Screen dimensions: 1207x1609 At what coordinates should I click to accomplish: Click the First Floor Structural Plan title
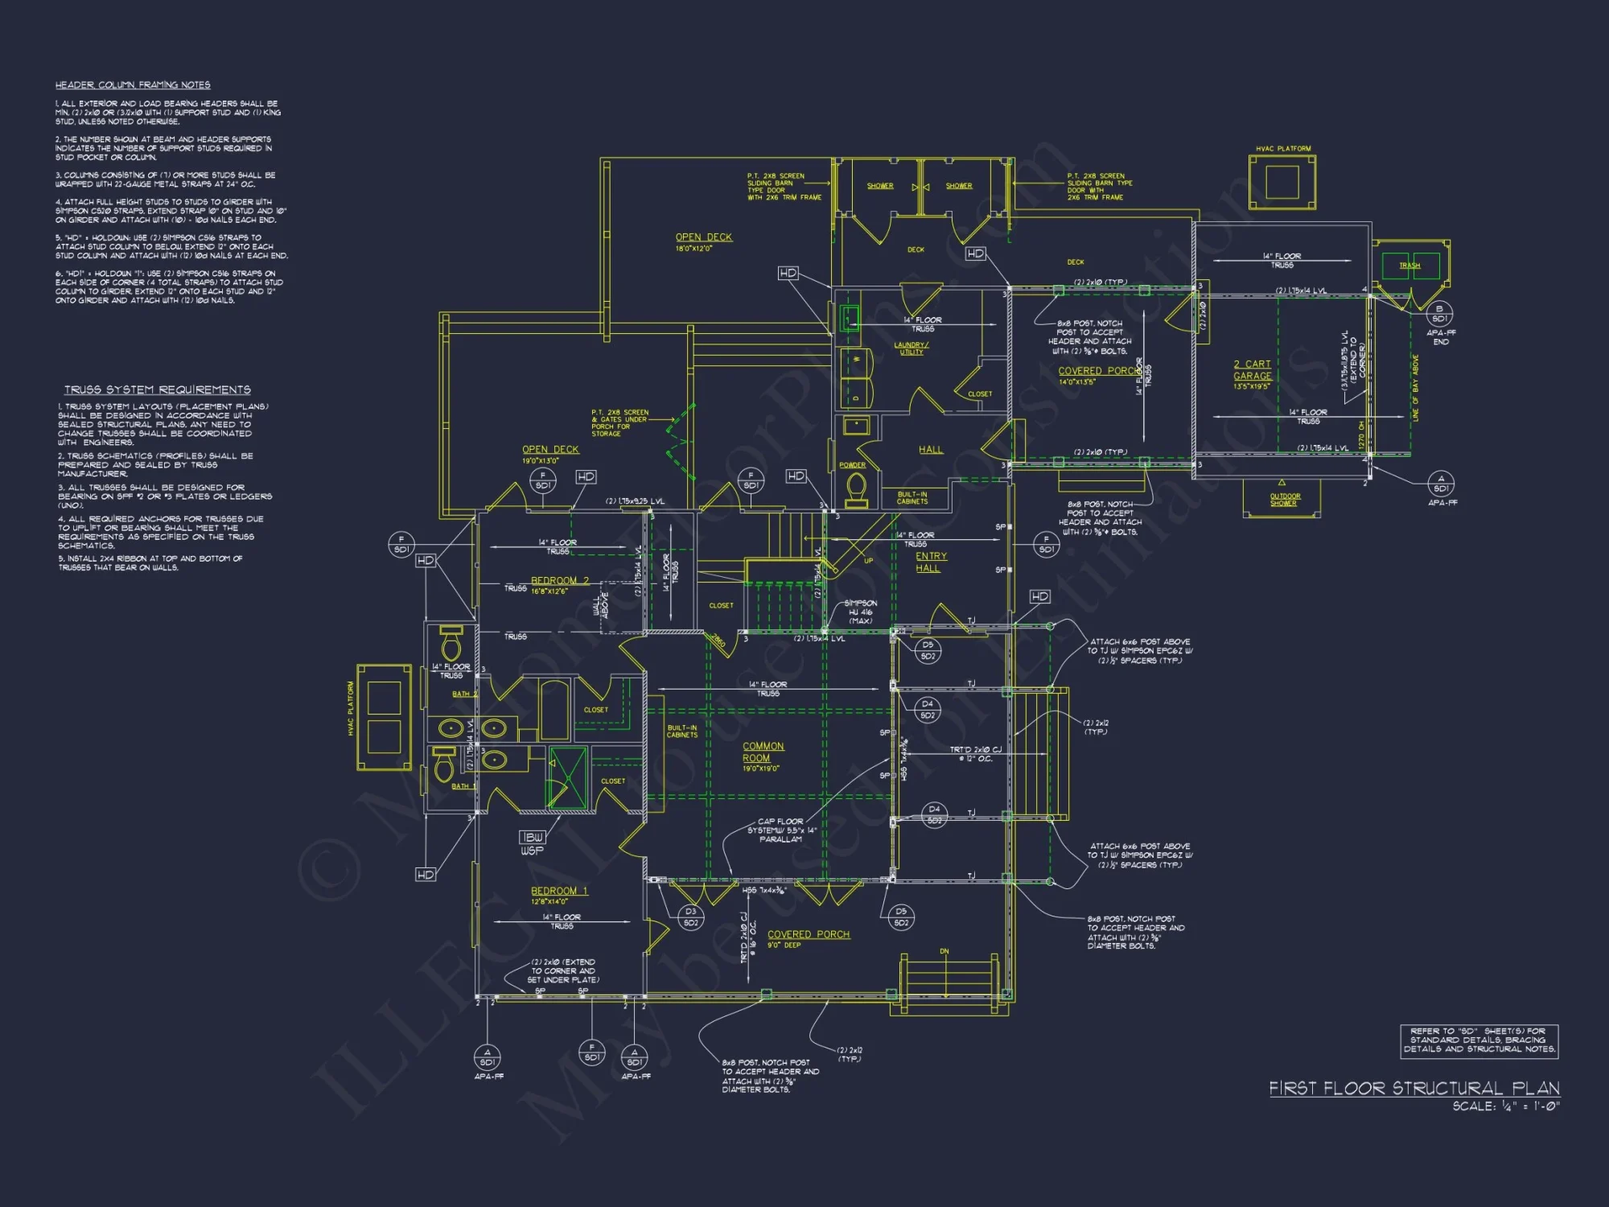pos(1414,1089)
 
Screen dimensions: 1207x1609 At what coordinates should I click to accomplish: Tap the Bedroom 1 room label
pos(559,891)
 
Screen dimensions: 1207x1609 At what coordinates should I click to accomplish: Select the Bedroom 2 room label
pos(560,580)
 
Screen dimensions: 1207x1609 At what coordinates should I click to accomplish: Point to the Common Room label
pos(763,752)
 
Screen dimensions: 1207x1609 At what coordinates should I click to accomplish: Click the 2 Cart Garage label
pos(1253,370)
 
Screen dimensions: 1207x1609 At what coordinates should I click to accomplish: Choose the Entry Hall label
pos(931,562)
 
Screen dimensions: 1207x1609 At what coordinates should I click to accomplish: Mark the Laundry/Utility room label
pos(911,348)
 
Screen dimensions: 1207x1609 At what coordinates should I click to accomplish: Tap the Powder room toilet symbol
pos(857,487)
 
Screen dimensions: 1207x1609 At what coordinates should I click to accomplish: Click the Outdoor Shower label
pos(1285,500)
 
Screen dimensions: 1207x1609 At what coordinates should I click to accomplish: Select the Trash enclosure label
pos(1409,266)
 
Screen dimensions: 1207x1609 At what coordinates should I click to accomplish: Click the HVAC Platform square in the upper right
pos(1282,182)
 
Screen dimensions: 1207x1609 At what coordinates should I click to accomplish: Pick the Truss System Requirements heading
pos(158,389)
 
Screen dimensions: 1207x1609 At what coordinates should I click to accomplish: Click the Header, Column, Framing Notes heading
pos(133,84)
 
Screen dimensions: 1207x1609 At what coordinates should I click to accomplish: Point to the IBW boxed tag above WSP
pos(532,837)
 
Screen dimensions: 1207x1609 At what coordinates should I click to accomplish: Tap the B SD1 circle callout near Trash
pos(1439,314)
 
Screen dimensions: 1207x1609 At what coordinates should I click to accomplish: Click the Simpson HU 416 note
pos(860,612)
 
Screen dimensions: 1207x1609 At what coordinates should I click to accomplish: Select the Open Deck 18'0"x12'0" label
pos(704,237)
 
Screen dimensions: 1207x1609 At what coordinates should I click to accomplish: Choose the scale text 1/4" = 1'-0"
pos(1505,1106)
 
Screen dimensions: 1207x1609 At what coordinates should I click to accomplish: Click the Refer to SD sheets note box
pos(1479,1040)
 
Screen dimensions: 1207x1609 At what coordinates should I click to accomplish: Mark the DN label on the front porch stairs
pos(944,951)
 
